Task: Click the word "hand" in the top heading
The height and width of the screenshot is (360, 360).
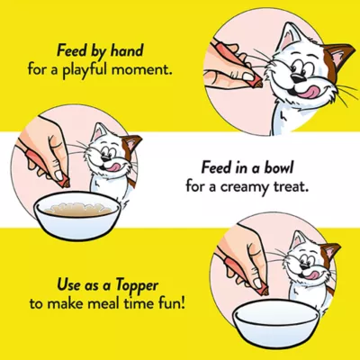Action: pyautogui.click(x=126, y=51)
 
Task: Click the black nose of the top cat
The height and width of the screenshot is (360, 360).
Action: pyautogui.click(x=298, y=78)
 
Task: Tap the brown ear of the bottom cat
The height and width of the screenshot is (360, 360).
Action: pyautogui.click(x=331, y=251)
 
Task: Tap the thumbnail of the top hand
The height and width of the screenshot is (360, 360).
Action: pyautogui.click(x=247, y=77)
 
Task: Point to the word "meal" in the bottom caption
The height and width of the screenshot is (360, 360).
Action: pyautogui.click(x=105, y=304)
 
